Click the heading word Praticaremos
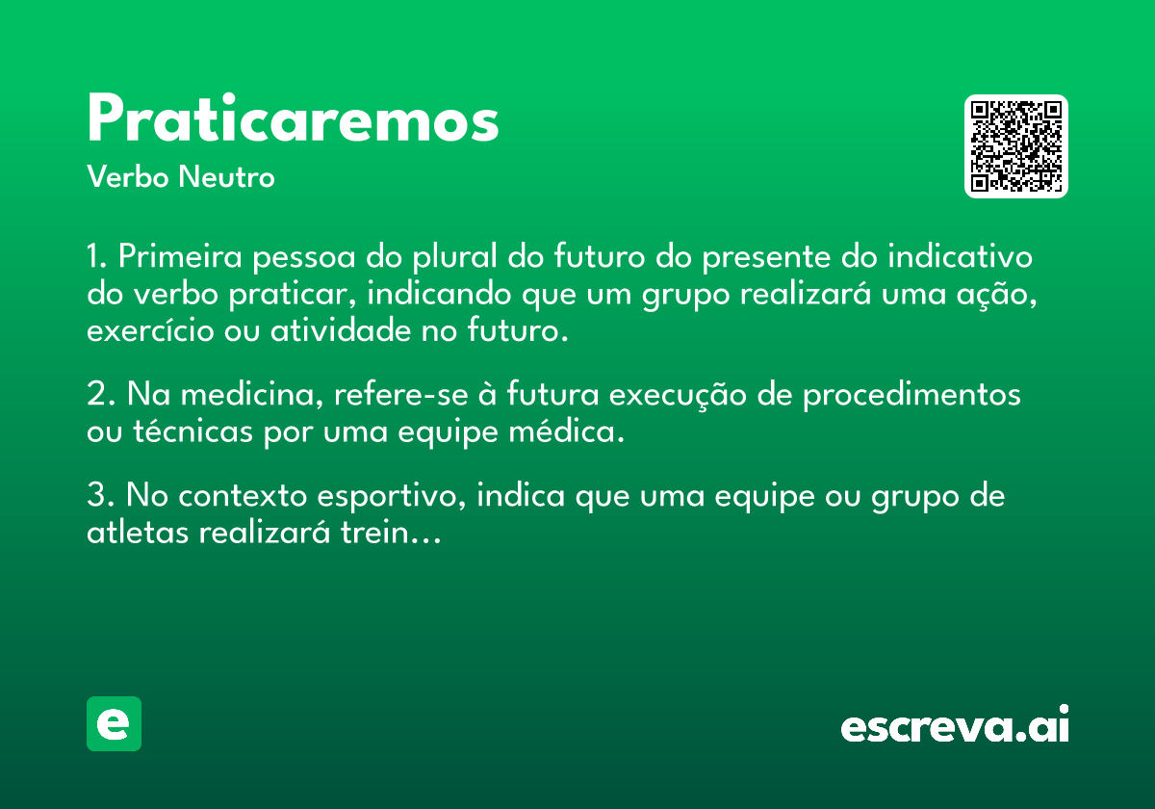click(293, 118)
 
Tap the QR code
click(1015, 146)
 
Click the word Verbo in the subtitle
click(128, 176)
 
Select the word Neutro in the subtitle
click(226, 176)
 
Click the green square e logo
click(114, 723)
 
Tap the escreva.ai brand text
click(955, 724)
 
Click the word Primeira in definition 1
click(180, 256)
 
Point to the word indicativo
click(961, 256)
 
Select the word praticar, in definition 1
click(293, 295)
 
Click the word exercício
click(150, 330)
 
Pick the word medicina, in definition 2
click(251, 394)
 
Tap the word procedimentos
click(911, 396)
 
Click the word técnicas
click(192, 431)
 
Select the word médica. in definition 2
click(567, 431)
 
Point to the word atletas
click(138, 532)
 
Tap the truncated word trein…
click(391, 532)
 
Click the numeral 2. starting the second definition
click(101, 394)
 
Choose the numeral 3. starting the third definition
click(101, 495)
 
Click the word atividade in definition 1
click(341, 330)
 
